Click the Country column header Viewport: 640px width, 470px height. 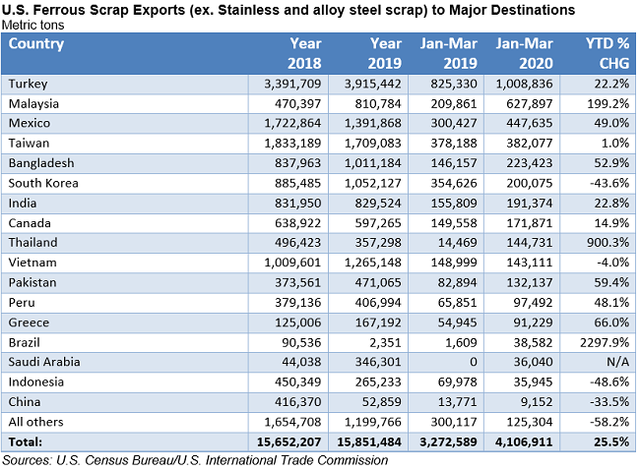click(x=36, y=44)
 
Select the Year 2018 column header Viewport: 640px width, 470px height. click(x=304, y=52)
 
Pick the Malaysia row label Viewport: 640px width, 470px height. click(x=34, y=103)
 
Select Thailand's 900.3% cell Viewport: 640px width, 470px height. click(x=606, y=242)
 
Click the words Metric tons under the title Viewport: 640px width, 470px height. click(x=34, y=24)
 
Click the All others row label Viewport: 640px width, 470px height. click(x=36, y=422)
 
